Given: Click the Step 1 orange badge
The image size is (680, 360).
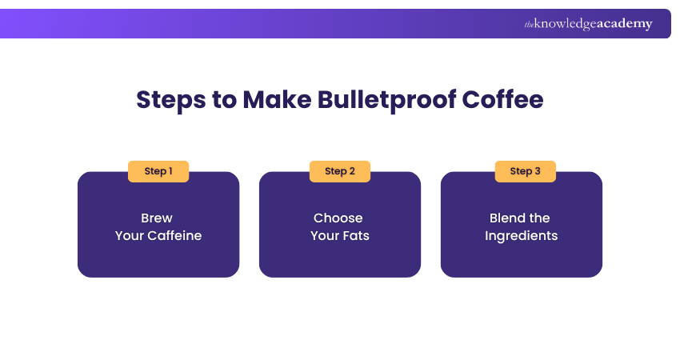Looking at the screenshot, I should [158, 171].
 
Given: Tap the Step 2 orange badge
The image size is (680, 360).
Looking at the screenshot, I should [340, 171].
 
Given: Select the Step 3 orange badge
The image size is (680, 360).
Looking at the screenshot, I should [526, 171].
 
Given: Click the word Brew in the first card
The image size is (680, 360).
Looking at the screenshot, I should [157, 218].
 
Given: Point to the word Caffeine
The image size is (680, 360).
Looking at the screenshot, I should [174, 236].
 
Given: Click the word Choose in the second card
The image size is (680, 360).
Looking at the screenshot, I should [338, 218].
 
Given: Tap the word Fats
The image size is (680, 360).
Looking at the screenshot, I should [356, 236].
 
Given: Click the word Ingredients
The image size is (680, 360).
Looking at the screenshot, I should [522, 236].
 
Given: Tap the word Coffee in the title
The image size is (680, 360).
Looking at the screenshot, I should [503, 100].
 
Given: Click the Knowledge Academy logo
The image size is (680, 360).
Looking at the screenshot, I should [588, 24].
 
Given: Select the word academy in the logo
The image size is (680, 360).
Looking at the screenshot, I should [624, 24].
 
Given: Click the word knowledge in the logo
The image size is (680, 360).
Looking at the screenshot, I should [565, 24].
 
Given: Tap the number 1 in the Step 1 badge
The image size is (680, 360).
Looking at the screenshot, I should [170, 171].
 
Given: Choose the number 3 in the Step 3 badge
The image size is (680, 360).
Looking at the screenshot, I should [538, 171].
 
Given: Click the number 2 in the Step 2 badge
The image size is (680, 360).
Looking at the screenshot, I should [352, 171].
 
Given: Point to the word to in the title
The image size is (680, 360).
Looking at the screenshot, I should [220, 100].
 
